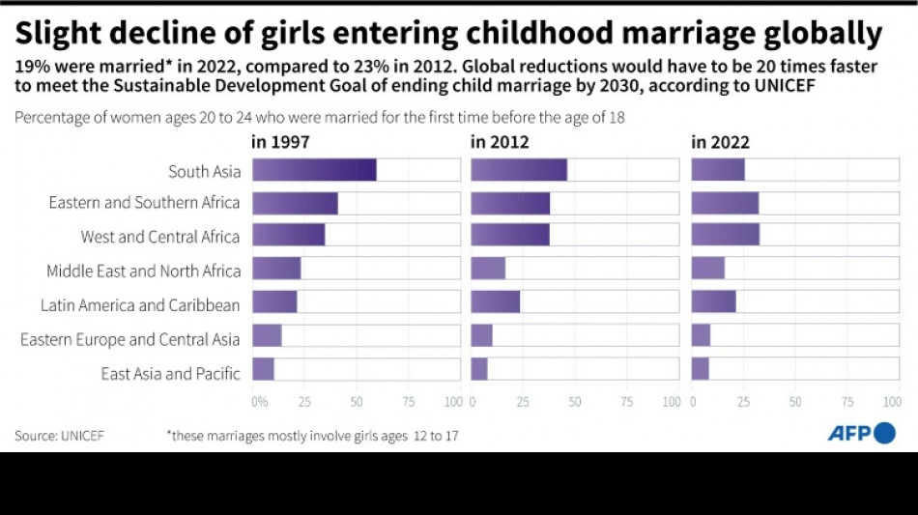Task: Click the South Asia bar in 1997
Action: pos(314,170)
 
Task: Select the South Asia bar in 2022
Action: pos(718,170)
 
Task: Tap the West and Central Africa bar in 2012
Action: pos(510,235)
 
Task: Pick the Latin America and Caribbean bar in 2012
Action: pos(496,302)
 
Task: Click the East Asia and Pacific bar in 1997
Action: pos(263,370)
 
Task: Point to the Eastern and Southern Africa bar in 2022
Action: pos(725,203)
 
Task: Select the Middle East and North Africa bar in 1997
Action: pos(276,269)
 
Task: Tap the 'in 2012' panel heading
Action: pos(500,142)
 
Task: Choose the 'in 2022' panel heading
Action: pos(720,142)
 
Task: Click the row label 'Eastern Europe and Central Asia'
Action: pos(129,339)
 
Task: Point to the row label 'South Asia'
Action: pos(203,171)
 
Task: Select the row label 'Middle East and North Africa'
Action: pos(143,272)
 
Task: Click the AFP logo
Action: pos(861,433)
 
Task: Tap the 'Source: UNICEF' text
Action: pos(59,436)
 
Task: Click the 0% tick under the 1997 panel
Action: pos(259,401)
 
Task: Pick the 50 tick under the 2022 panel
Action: pos(795,401)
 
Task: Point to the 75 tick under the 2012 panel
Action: pos(627,401)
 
